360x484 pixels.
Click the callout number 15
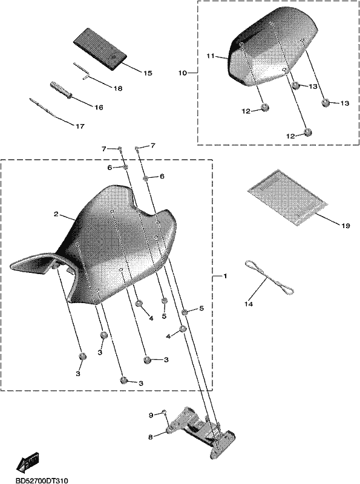coord(148,73)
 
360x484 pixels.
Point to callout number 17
coord(80,126)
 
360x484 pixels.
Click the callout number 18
coord(117,88)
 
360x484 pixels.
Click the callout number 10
coord(183,73)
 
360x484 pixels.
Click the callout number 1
coord(225,276)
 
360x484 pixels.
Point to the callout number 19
coord(346,226)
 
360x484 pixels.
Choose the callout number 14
coord(249,304)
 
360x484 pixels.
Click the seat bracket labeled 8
coord(201,429)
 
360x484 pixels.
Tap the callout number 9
coord(151,415)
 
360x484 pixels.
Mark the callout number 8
coord(151,437)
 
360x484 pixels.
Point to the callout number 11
coord(211,56)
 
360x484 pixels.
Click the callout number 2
coord(56,214)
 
